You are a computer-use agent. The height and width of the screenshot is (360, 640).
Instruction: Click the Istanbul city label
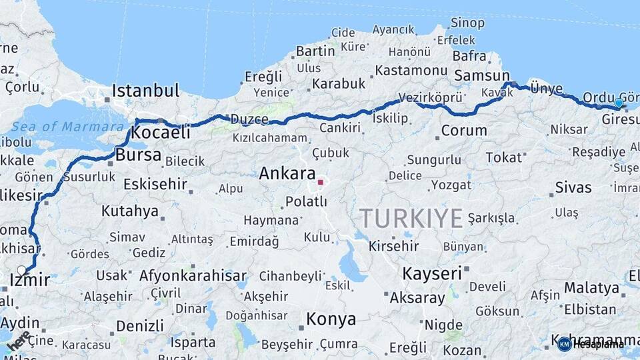[145, 90]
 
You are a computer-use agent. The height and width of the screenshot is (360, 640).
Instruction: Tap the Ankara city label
[287, 175]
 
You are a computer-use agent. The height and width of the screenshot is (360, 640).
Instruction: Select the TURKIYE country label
[411, 219]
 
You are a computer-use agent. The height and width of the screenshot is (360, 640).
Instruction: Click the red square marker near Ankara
[321, 181]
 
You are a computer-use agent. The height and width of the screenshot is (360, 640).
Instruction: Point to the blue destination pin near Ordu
[619, 103]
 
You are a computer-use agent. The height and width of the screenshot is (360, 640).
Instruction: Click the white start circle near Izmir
[22, 270]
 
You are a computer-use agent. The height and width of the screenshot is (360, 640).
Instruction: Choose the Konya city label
[331, 319]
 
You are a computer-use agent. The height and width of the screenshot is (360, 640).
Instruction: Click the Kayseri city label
[432, 273]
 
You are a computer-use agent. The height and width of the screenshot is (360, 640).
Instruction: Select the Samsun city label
[481, 76]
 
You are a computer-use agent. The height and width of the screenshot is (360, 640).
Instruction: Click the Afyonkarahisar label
[193, 275]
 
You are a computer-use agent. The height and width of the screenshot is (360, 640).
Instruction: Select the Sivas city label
[573, 188]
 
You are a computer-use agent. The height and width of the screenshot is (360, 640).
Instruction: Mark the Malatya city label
[591, 288]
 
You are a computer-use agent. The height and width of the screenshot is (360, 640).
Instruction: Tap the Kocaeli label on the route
[161, 133]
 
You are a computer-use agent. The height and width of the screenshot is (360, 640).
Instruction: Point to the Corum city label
[464, 131]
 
